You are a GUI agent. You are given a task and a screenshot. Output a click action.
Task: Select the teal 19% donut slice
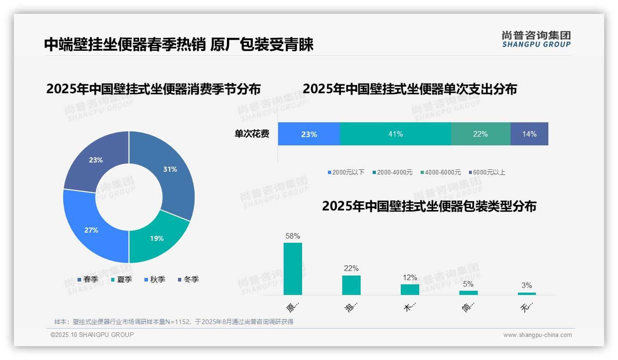[156, 238]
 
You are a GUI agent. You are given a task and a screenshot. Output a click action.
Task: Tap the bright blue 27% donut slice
[91, 230]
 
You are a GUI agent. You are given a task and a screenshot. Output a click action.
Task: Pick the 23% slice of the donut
[96, 160]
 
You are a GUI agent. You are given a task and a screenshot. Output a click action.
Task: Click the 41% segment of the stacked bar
[395, 134]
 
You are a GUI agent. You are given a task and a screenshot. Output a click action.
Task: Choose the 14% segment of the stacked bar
[529, 134]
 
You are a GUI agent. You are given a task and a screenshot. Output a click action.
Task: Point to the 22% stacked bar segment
[480, 134]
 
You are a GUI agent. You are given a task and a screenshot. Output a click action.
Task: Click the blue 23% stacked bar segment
[309, 134]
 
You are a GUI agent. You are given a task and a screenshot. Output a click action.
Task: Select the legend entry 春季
[88, 279]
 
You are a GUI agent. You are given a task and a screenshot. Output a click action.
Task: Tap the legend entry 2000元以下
[346, 172]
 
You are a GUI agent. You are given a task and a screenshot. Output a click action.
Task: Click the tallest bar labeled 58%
[292, 269]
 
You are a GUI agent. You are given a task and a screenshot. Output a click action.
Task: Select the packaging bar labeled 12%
[410, 289]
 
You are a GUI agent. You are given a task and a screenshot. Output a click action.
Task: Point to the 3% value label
[526, 285]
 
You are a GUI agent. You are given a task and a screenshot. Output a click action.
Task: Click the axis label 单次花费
[252, 134]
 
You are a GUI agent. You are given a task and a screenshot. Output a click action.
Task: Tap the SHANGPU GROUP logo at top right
[536, 39]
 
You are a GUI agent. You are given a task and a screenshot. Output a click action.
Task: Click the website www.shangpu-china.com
[537, 335]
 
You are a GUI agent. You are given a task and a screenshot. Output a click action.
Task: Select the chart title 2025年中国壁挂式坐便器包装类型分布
[429, 206]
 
